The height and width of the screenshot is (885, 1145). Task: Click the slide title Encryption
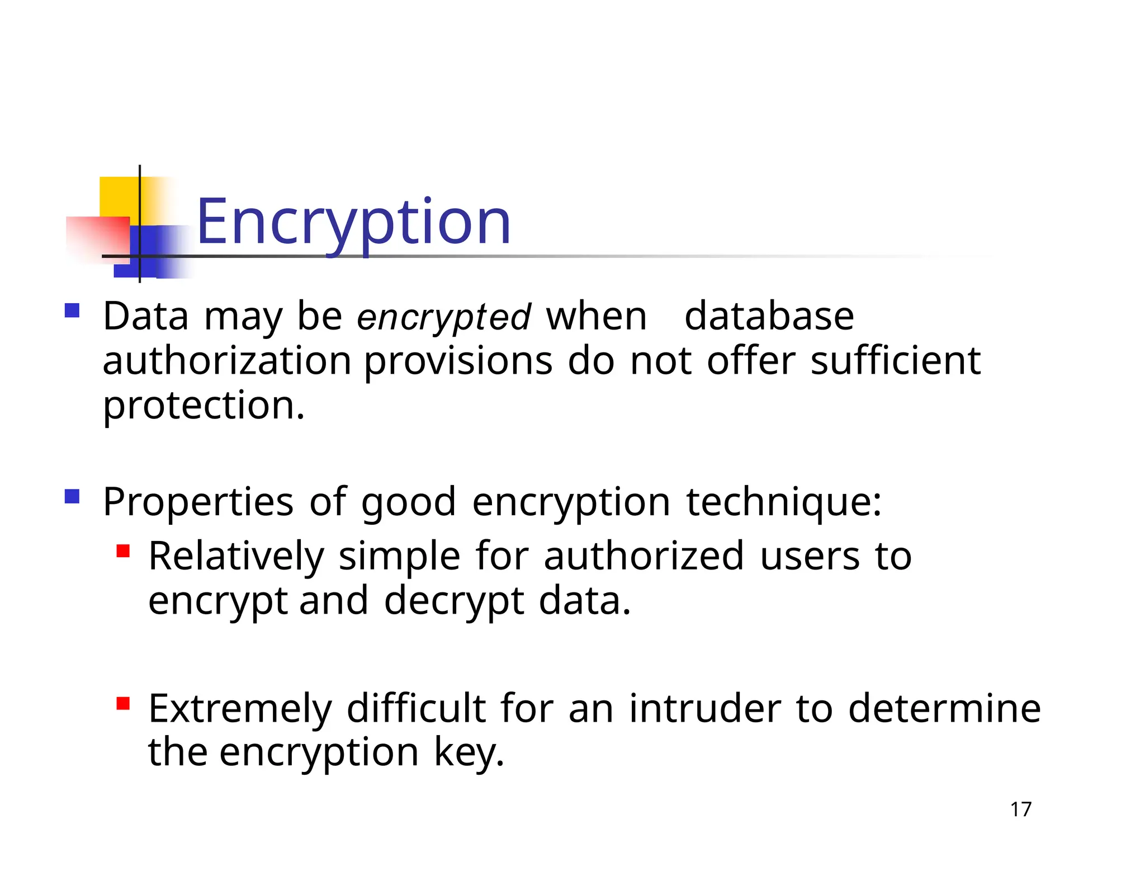point(353,223)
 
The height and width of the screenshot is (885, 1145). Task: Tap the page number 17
point(1020,809)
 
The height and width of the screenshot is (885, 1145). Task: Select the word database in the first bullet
point(769,317)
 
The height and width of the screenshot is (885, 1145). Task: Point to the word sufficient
point(895,361)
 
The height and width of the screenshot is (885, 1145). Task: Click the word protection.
point(204,406)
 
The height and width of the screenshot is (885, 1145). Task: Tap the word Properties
point(198,502)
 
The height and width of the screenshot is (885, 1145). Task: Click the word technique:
point(784,502)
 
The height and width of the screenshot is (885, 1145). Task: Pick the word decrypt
point(454,601)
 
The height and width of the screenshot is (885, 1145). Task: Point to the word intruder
point(704,709)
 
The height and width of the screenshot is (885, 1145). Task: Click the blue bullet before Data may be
point(72,310)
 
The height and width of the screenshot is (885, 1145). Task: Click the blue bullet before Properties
point(72,496)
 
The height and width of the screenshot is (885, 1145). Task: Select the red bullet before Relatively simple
point(123,552)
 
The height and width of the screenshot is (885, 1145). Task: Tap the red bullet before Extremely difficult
point(123,703)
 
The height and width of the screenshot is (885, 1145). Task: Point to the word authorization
point(227,361)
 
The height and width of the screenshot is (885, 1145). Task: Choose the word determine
point(944,709)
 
